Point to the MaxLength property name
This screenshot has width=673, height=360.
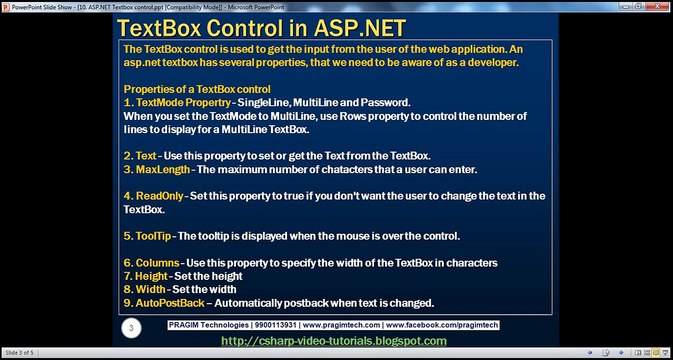coord(166,170)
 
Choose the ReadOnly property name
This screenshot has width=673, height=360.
coord(162,196)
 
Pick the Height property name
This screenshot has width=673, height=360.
coord(153,276)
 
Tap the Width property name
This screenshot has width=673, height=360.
coord(151,289)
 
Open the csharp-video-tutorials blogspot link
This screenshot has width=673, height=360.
coord(333,341)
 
